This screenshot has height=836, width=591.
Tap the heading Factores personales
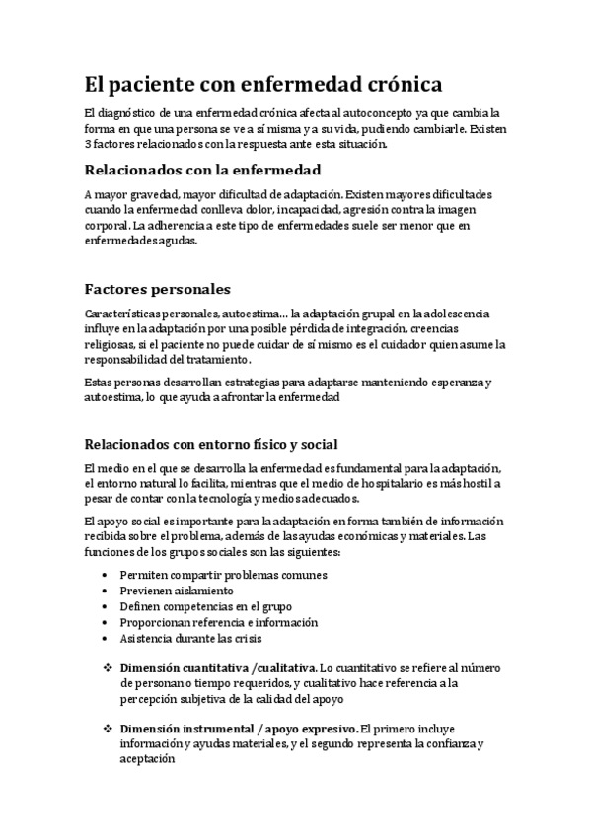pos(158,289)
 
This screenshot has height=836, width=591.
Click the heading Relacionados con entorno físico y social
pos(216,443)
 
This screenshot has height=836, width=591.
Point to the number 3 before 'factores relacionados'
pos(89,144)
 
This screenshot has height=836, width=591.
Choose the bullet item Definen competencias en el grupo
pos(205,606)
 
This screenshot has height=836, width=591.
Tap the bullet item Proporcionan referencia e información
pos(218,622)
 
